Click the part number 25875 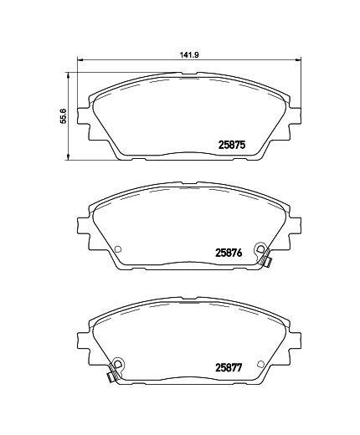click(x=230, y=145)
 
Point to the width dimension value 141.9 click(x=188, y=56)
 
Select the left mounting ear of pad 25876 click(x=84, y=228)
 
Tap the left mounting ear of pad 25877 click(x=84, y=341)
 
